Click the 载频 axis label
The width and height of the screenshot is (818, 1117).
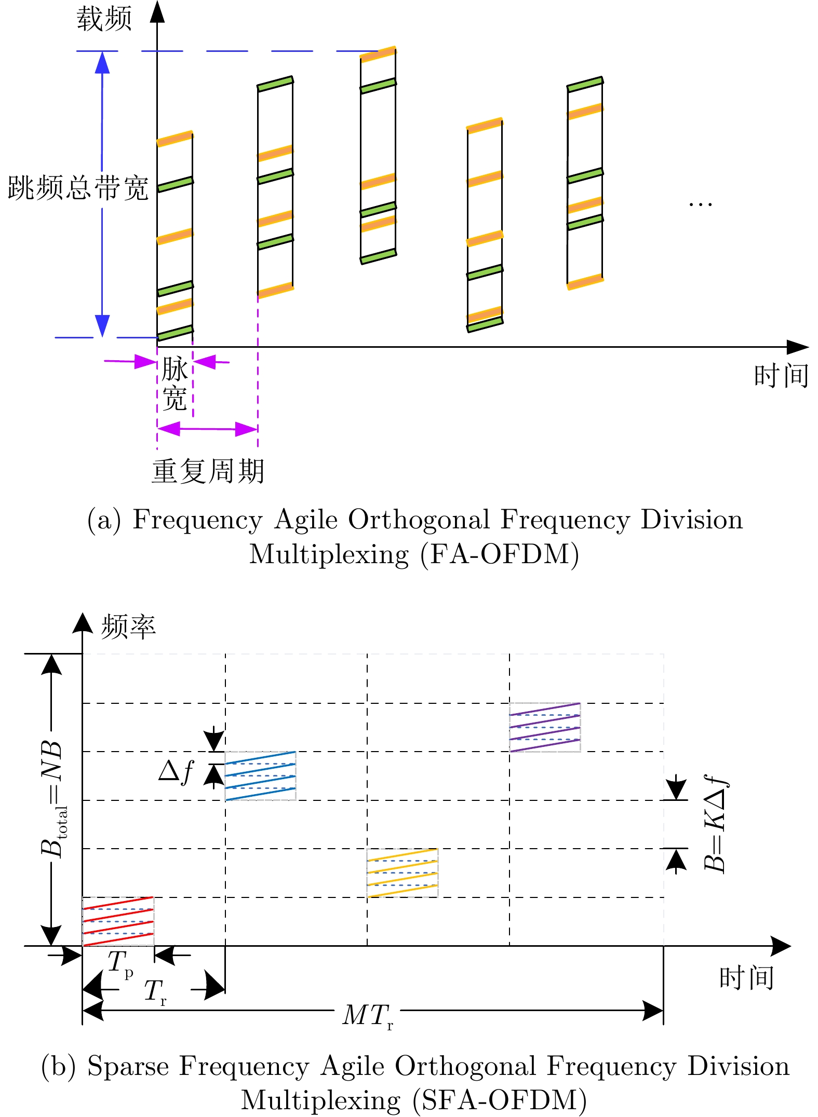tap(104, 20)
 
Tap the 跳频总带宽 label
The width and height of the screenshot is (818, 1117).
tap(78, 188)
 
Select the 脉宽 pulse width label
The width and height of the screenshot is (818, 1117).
tap(175, 384)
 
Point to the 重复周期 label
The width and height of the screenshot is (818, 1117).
tap(208, 471)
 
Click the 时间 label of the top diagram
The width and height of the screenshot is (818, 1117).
tap(781, 376)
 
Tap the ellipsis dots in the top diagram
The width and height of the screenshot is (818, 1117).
tap(700, 204)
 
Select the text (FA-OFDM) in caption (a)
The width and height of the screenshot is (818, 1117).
tap(500, 554)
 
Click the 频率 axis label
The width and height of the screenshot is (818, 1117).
tap(128, 626)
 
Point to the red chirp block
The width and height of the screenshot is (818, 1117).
tap(118, 921)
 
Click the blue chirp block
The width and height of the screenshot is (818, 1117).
tap(260, 776)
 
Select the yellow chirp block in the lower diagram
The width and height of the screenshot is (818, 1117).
tap(403, 873)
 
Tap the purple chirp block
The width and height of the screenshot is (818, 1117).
tap(545, 727)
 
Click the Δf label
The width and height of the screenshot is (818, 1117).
tap(176, 771)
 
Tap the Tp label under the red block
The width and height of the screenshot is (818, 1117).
tap(120, 963)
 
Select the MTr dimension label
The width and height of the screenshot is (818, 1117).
tap(368, 1016)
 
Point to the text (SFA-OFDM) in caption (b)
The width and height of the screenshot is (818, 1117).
tap(500, 1100)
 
